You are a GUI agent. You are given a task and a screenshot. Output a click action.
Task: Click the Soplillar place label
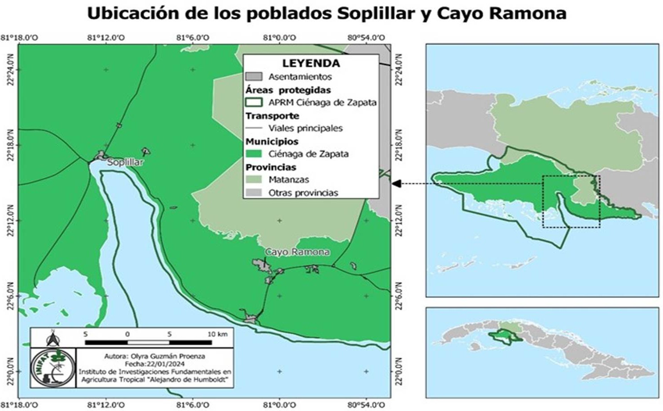coord(125,162)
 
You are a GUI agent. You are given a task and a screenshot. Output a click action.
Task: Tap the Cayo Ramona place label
coord(298,252)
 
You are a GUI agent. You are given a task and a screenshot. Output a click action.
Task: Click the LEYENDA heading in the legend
coord(311,63)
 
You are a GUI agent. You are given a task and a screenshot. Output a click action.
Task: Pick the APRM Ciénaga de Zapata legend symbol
coord(254,102)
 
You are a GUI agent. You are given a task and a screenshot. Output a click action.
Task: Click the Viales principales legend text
coord(305,128)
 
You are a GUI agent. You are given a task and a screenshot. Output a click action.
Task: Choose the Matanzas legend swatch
coord(254,179)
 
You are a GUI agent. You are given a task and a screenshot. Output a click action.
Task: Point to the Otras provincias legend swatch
coord(254,193)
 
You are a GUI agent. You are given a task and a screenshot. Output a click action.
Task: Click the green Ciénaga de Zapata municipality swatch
coord(254,154)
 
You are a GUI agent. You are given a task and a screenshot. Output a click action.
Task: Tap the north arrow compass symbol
coord(53,339)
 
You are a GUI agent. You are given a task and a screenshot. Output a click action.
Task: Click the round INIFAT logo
coord(53,368)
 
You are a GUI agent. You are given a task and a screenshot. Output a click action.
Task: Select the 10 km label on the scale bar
coord(218,334)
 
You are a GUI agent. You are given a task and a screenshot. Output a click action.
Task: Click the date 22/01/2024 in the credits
coord(155,364)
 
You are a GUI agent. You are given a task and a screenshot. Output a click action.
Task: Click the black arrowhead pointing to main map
coord(396,183)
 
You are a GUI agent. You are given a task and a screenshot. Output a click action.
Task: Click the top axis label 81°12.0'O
coord(106,38)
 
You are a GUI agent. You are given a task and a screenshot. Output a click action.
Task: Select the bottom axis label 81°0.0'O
coord(280,405)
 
